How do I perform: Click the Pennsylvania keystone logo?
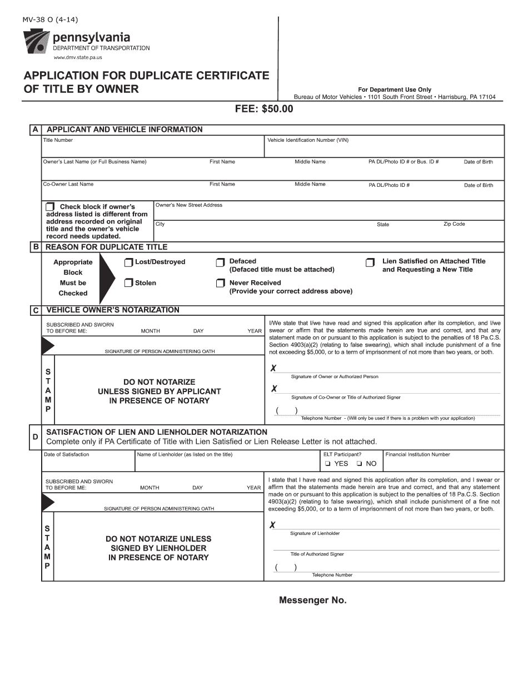click(36, 42)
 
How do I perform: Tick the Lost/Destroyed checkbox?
click(129, 262)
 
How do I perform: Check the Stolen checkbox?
click(129, 283)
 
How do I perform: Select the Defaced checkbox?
click(220, 262)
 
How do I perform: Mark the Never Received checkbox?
click(220, 283)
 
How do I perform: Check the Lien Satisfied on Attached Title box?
click(370, 262)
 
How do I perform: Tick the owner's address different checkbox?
click(50, 206)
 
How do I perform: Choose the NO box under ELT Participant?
click(359, 464)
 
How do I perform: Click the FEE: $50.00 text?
click(263, 109)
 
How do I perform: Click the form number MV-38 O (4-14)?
click(50, 20)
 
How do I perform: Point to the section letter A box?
click(36, 130)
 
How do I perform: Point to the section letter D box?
click(36, 437)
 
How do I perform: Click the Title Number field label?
click(58, 140)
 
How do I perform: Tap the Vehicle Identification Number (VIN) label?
click(308, 140)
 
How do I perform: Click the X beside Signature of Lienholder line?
click(272, 525)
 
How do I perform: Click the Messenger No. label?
click(312, 601)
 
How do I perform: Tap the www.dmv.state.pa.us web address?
click(77, 57)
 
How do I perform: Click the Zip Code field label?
click(454, 224)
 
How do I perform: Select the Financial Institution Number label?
click(417, 454)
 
